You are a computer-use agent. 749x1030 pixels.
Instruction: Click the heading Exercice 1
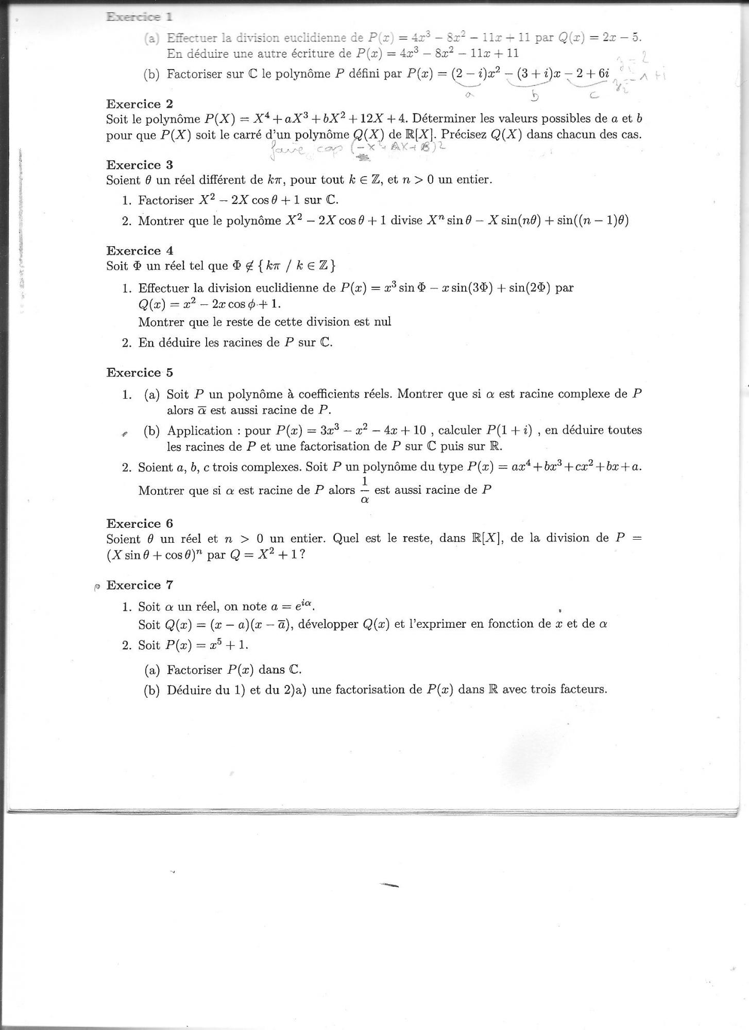tap(139, 16)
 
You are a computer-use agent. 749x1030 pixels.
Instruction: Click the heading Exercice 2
tap(140, 104)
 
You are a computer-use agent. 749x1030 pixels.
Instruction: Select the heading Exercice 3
tap(140, 165)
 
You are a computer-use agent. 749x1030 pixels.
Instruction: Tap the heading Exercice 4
tap(140, 251)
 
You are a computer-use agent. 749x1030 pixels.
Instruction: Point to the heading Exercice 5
tap(140, 372)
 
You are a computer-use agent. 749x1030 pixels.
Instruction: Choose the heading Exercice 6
tap(140, 523)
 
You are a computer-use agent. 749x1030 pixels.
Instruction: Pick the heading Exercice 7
tap(140, 585)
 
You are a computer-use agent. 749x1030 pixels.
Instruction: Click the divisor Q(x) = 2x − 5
tap(600, 38)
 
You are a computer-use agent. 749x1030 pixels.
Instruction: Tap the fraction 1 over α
tap(365, 490)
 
